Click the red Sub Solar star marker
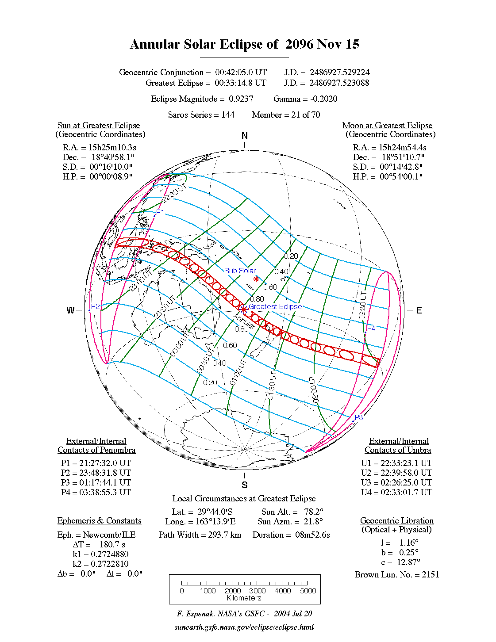coord(256,279)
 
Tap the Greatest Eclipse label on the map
coord(275,306)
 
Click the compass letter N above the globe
coord(245,136)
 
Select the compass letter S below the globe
coord(245,485)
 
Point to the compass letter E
coord(419,310)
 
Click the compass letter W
coord(70,310)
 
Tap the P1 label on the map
coord(160,213)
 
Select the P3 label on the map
coord(359,417)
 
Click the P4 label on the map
coord(371,329)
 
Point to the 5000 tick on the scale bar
coord(308,591)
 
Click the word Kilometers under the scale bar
coord(244,598)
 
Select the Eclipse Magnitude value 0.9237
coord(241,99)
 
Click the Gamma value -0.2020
coord(324,99)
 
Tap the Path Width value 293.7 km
coord(225,535)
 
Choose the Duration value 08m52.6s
coord(313,535)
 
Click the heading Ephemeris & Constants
coord(100,521)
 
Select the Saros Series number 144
coord(227,115)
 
